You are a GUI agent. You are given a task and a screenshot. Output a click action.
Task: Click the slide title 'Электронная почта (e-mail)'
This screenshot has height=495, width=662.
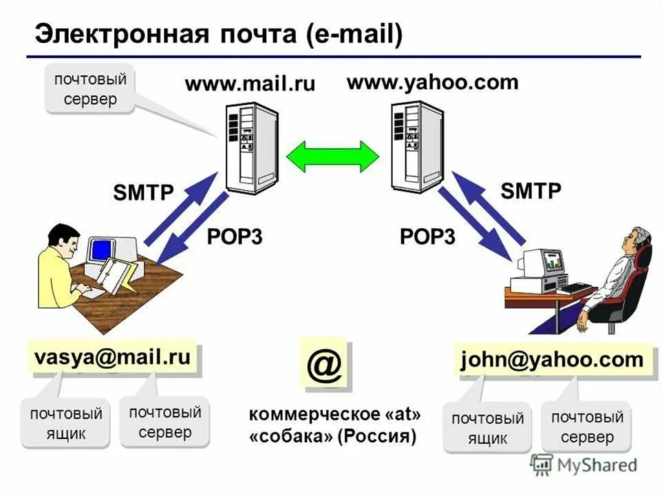(x=218, y=34)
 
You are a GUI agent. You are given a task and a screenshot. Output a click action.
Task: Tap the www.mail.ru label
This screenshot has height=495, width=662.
(x=250, y=85)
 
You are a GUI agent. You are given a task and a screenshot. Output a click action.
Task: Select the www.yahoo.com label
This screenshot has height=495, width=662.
(x=432, y=83)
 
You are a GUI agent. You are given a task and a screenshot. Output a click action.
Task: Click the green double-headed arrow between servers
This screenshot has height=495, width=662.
(x=332, y=156)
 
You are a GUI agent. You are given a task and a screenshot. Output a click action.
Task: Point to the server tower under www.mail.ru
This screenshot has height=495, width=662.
(x=251, y=146)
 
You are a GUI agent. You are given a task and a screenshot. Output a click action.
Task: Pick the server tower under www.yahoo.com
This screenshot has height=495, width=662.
(x=417, y=146)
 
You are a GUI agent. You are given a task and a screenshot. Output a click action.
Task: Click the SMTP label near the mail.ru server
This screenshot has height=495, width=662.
(x=143, y=192)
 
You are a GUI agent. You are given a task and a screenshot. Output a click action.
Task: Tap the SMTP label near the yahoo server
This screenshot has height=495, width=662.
(x=531, y=190)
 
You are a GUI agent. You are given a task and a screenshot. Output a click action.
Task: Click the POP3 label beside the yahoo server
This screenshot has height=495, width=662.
(x=427, y=236)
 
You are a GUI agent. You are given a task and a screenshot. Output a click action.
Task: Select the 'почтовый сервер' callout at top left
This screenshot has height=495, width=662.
(x=89, y=90)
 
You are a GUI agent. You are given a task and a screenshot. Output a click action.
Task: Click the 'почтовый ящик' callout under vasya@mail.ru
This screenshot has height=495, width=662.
(x=66, y=423)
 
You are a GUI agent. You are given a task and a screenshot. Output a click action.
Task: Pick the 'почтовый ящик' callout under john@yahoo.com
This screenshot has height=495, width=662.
(x=487, y=429)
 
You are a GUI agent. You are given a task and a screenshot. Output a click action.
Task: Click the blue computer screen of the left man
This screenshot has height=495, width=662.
(x=100, y=250)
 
